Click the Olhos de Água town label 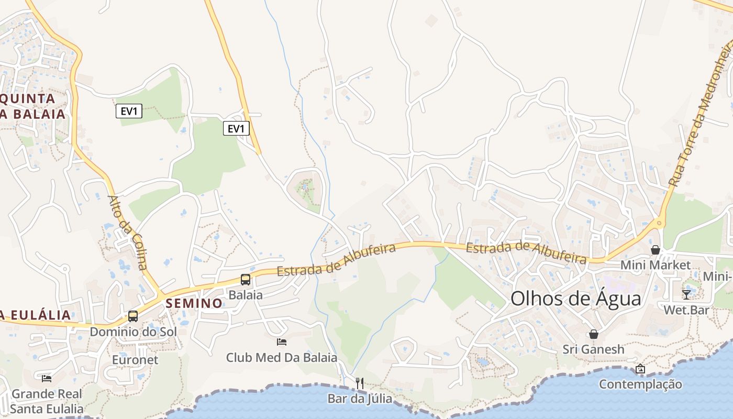tap(575, 299)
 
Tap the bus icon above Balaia tap(246, 280)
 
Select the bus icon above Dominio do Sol tap(133, 316)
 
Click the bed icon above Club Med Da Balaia tap(282, 342)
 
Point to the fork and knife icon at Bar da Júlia tap(360, 383)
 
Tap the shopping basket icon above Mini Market tap(655, 250)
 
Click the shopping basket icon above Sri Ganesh tap(594, 334)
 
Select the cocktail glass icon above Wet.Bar tap(686, 294)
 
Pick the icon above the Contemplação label tap(640, 369)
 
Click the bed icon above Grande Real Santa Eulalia tap(47, 378)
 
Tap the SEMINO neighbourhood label tap(194, 303)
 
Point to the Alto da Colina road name tap(128, 233)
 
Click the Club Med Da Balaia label tap(282, 358)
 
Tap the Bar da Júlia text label tap(360, 399)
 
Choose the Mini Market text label tap(655, 265)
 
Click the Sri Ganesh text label tap(594, 349)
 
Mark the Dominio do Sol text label tap(133, 332)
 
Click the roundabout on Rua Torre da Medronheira tap(659, 223)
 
